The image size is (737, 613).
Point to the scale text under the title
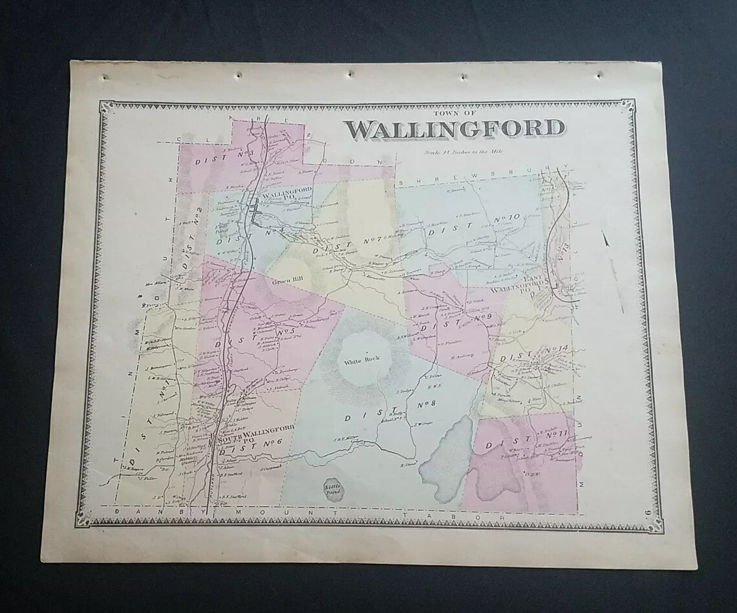click(x=464, y=152)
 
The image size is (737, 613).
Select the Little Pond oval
click(x=334, y=489)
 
